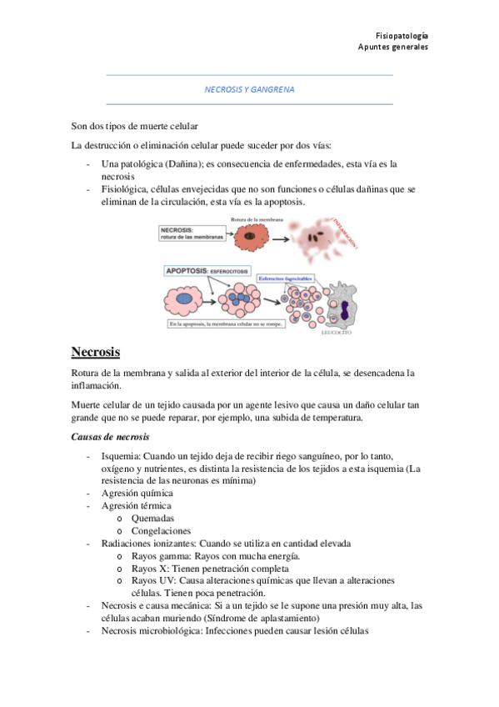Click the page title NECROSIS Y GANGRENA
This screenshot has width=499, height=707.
pos(250,89)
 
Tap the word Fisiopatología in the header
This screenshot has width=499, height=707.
pos(402,36)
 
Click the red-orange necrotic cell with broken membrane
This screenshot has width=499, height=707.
pos(248,236)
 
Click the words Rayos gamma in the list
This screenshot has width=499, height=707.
pos(158,555)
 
